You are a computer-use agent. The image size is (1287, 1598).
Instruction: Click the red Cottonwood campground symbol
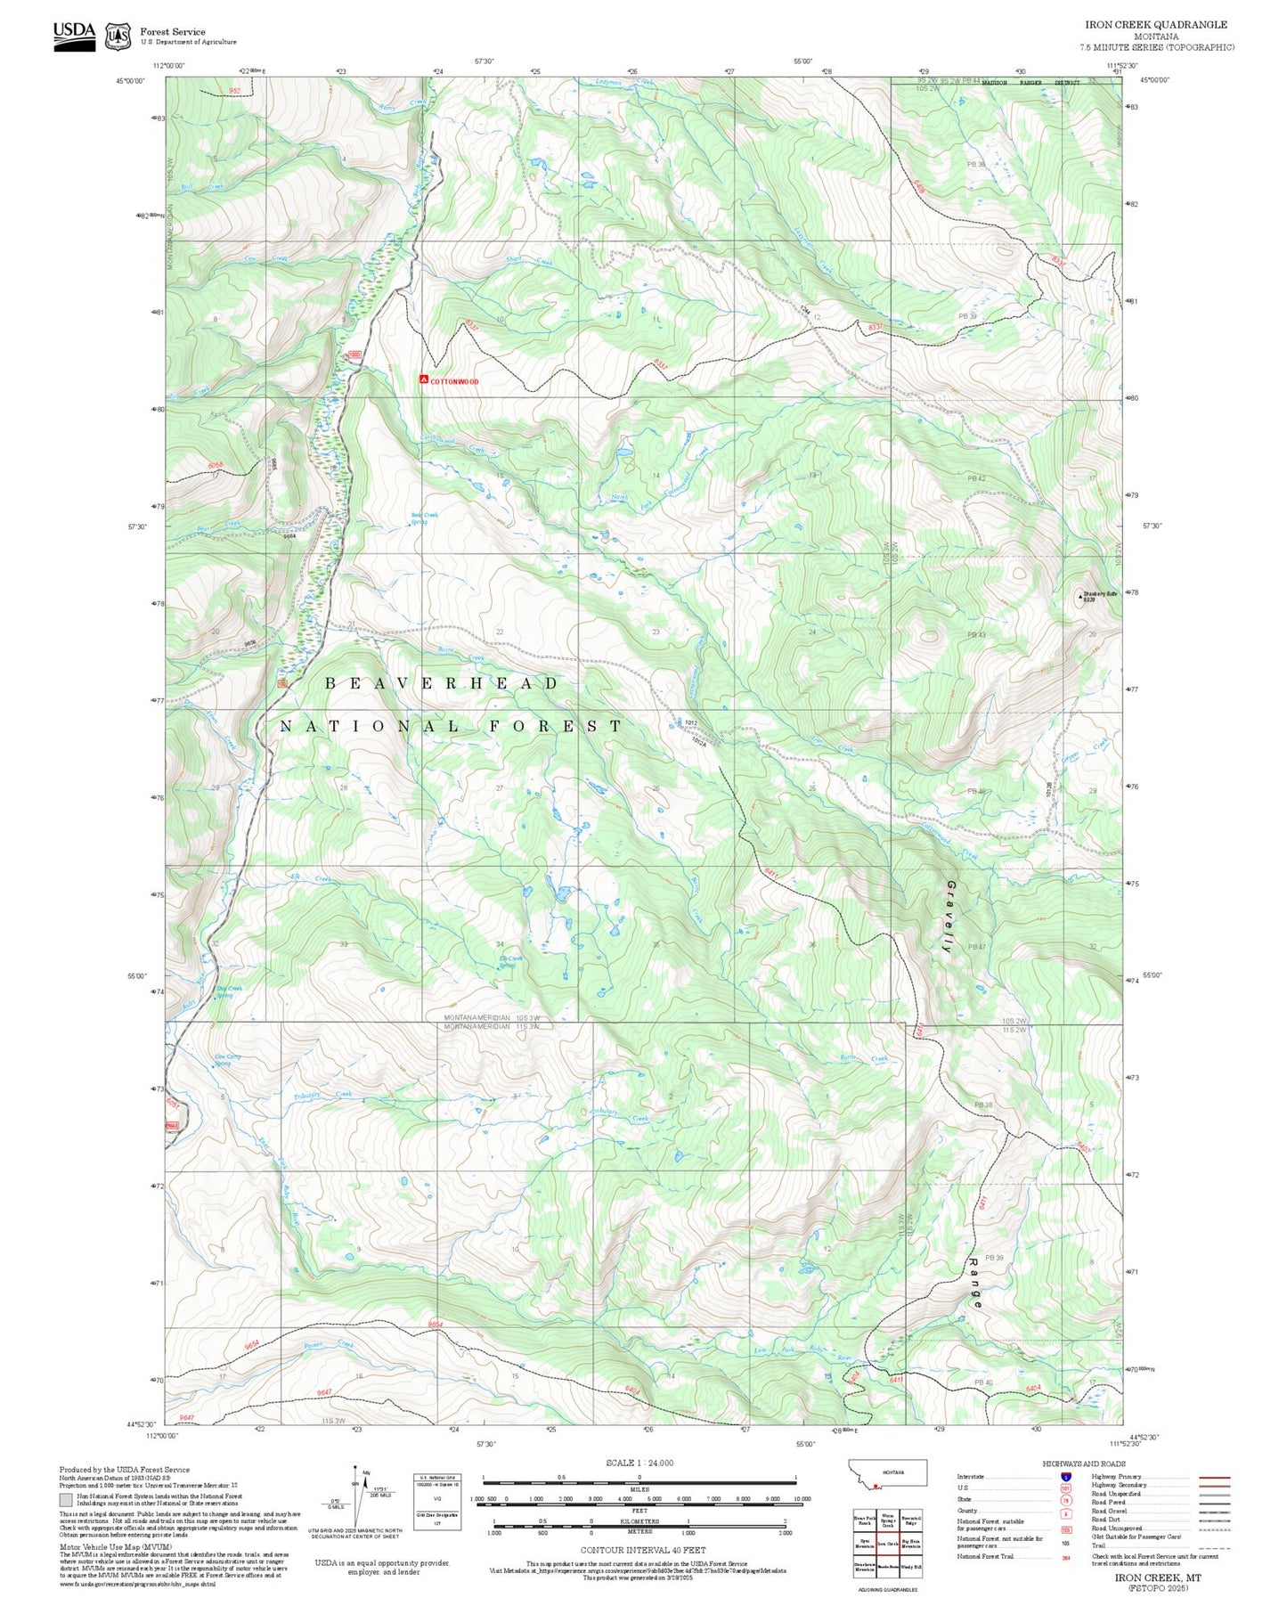(424, 379)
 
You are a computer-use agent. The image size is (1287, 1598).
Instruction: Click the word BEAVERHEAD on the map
(442, 683)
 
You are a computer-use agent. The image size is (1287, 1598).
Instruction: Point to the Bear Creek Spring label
(423, 518)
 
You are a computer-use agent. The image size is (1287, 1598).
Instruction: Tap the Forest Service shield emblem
(118, 36)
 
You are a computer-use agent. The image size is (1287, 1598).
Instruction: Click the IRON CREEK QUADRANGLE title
(1155, 25)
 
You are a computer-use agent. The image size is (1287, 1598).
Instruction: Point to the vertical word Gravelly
(949, 917)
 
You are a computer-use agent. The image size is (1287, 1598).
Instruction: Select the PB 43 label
(976, 635)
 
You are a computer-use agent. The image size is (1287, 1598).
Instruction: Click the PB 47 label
(976, 946)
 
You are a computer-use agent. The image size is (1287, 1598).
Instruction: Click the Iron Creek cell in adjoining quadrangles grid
(887, 1544)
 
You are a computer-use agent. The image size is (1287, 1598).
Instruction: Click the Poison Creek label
(329, 1345)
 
